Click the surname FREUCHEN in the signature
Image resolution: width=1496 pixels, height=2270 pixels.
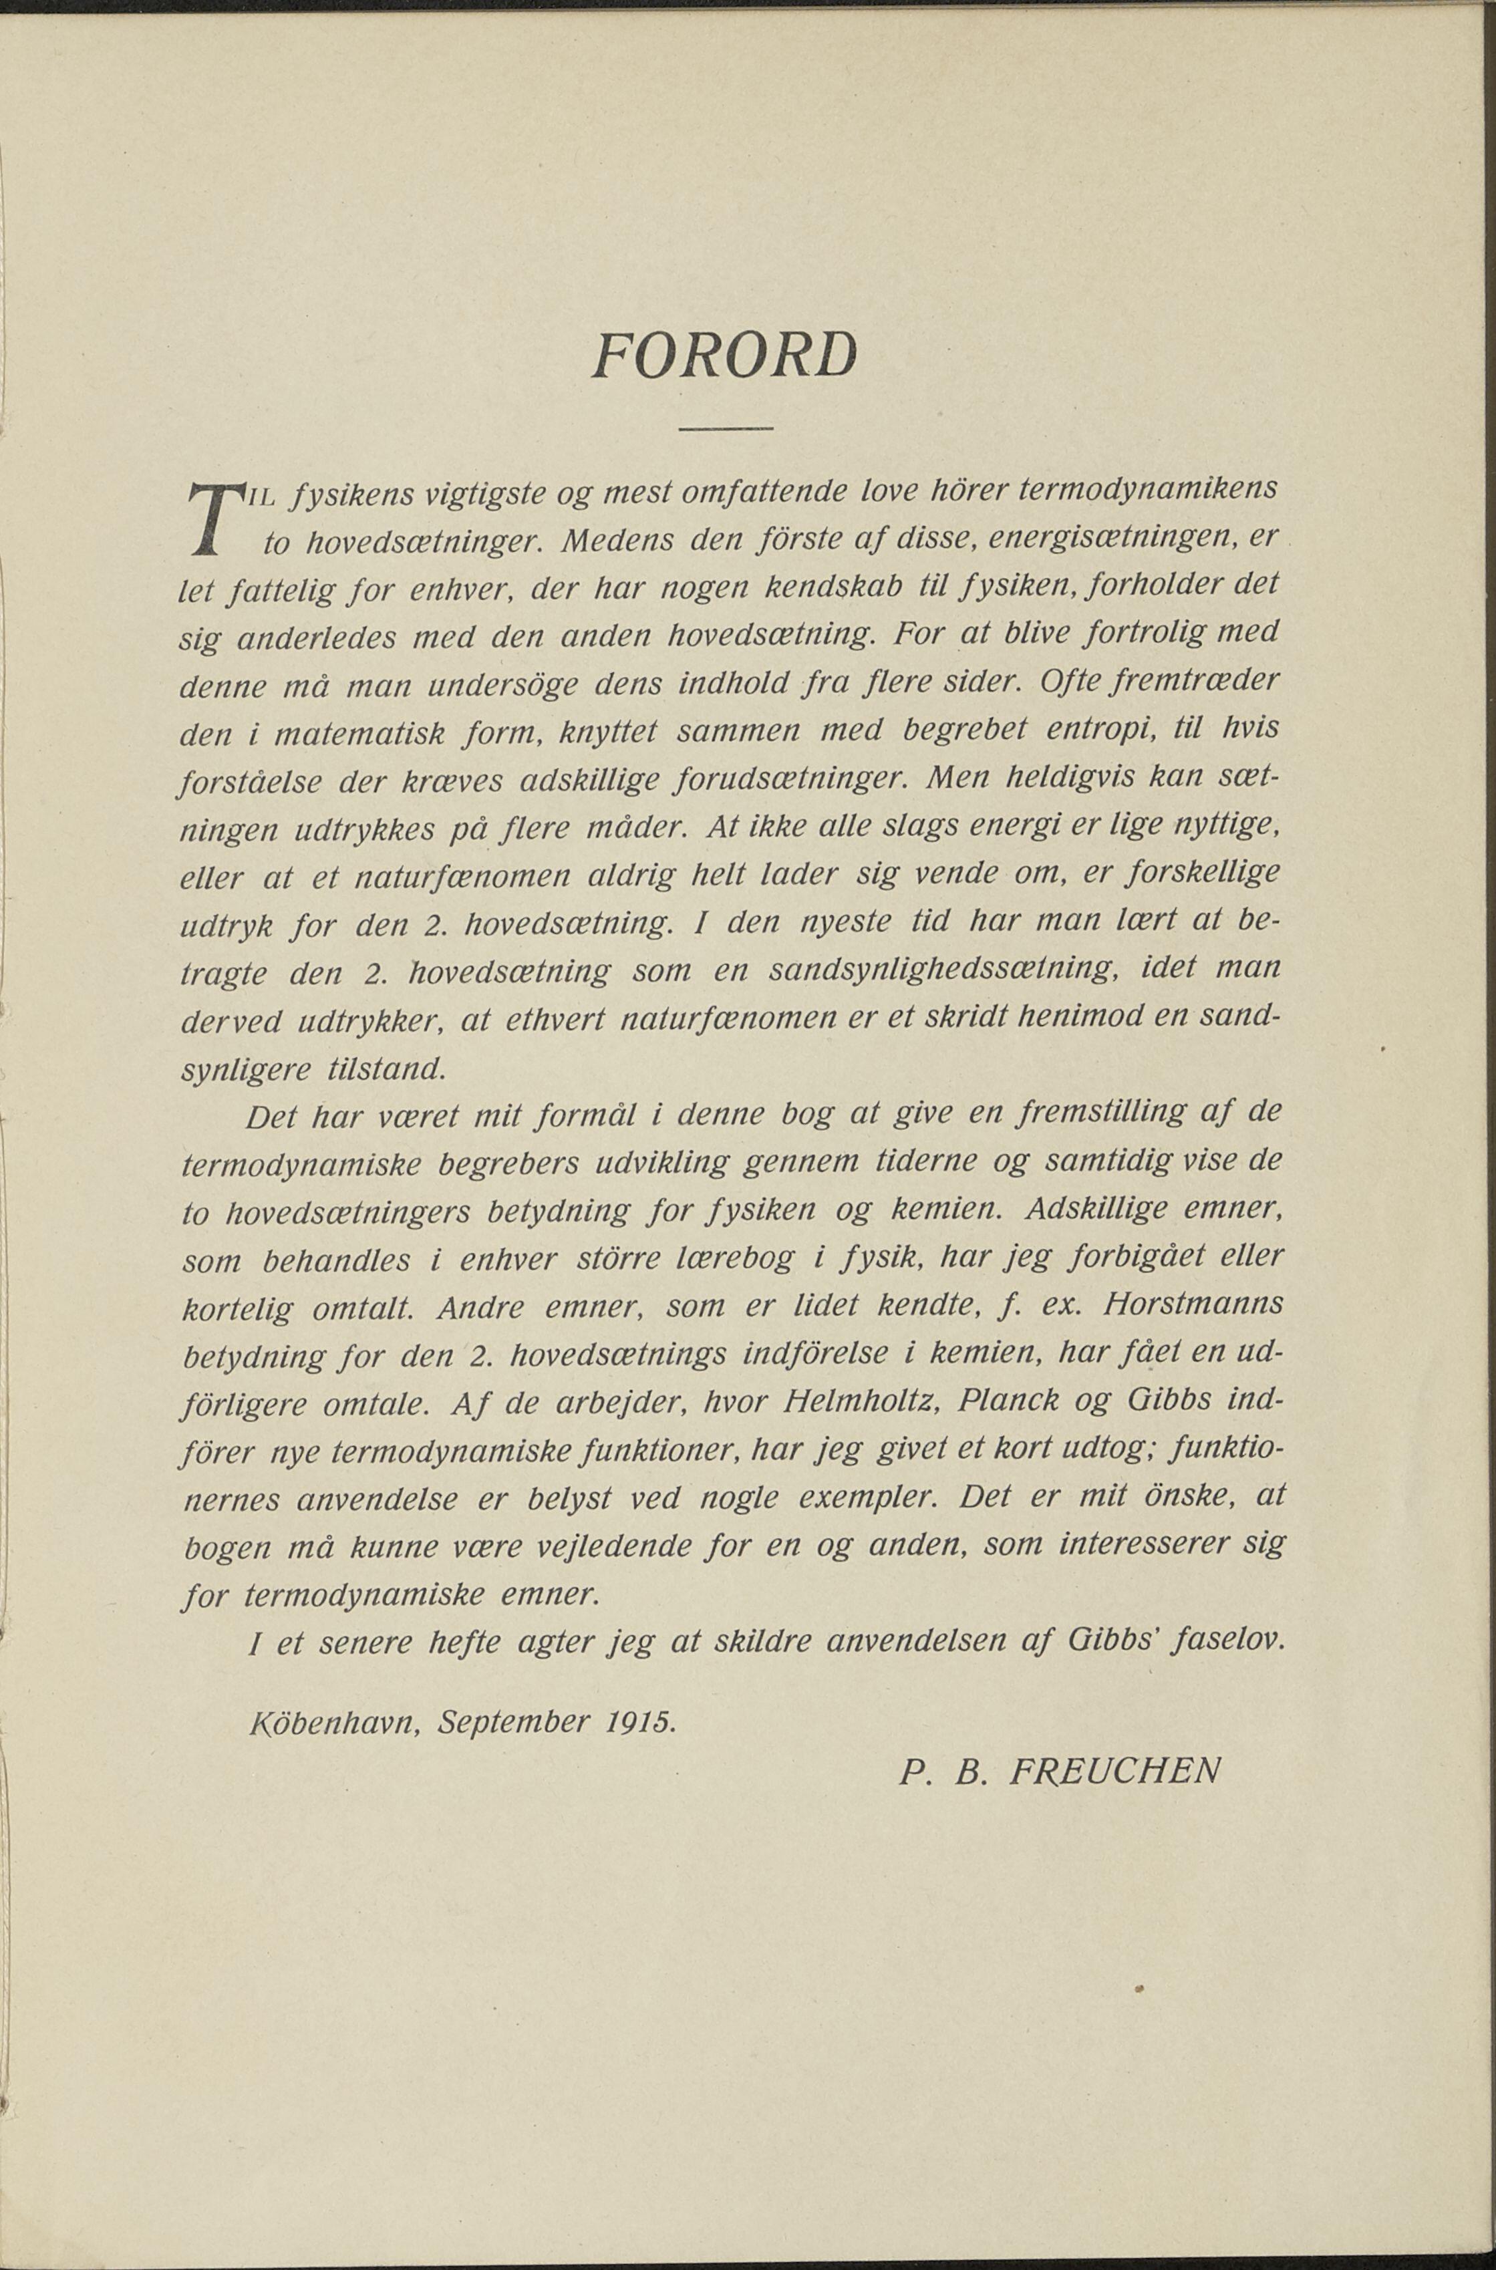(1114, 1773)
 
